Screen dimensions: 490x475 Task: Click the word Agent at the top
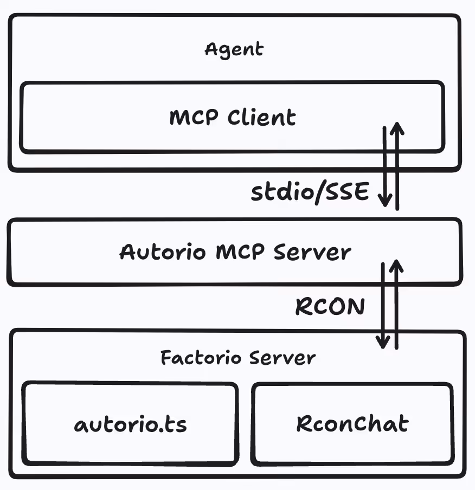point(234,50)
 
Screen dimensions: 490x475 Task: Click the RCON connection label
point(330,307)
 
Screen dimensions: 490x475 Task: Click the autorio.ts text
point(130,424)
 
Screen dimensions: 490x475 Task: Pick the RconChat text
point(352,423)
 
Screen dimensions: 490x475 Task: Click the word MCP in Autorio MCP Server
point(240,252)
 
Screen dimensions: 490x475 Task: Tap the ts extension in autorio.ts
point(174,424)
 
